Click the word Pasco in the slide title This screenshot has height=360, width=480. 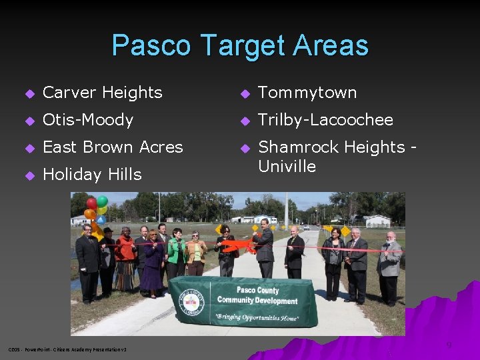[153, 45]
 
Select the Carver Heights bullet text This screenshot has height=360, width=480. [103, 93]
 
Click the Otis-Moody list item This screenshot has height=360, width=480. [88, 120]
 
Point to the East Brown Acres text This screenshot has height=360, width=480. [113, 147]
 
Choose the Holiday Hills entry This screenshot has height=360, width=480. [92, 175]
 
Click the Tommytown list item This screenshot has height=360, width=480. [307, 93]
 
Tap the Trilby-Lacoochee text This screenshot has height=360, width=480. [325, 120]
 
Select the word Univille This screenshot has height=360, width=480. [287, 166]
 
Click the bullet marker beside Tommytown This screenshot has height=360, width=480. [244, 93]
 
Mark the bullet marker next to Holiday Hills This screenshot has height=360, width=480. [29, 175]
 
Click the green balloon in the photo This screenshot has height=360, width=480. [102, 201]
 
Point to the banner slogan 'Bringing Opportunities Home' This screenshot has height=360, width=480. [257, 317]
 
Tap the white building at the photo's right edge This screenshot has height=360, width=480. [378, 221]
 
